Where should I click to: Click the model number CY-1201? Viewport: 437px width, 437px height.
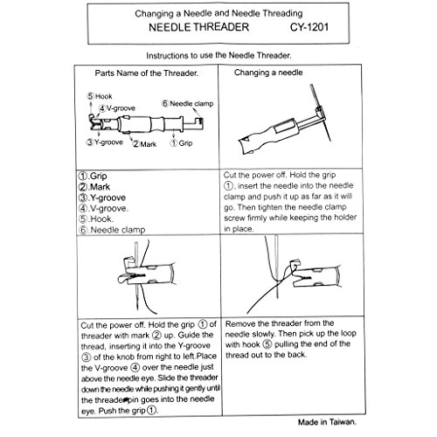click(309, 27)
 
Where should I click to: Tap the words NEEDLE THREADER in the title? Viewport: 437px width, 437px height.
click(198, 27)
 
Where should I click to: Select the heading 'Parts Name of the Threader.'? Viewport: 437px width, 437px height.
click(147, 73)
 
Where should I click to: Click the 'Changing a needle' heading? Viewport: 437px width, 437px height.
click(268, 73)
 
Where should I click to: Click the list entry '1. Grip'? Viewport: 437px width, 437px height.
click(93, 176)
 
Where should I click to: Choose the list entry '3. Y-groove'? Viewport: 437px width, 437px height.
click(102, 198)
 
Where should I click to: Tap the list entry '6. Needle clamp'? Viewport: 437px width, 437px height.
click(112, 230)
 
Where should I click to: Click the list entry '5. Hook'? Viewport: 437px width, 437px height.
click(96, 218)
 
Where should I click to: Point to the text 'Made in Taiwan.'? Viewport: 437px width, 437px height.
click(327, 422)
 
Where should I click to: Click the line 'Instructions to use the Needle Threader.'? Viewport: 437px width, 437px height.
click(218, 55)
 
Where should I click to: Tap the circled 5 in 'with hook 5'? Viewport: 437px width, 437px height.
click(267, 344)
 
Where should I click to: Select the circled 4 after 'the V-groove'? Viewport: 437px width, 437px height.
click(135, 367)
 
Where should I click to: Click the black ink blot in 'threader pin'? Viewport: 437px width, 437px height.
click(126, 400)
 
